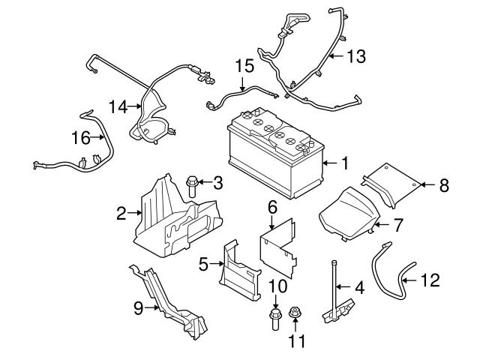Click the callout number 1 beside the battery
pyautogui.click(x=345, y=162)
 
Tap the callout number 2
pyautogui.click(x=121, y=214)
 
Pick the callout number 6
pyautogui.click(x=272, y=205)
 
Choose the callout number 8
pyautogui.click(x=444, y=184)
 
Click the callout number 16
pyautogui.click(x=79, y=137)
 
